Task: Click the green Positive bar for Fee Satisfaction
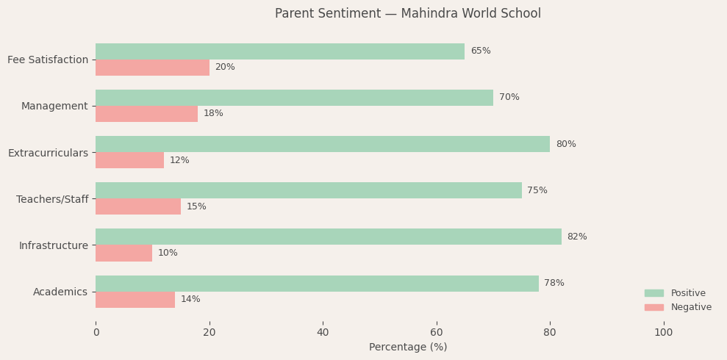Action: [x=280, y=51]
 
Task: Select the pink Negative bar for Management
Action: [x=146, y=114]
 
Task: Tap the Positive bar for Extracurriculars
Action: [x=323, y=144]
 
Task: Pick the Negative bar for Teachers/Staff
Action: [x=138, y=206]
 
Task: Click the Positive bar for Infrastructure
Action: [x=329, y=237]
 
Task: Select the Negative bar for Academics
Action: [x=135, y=300]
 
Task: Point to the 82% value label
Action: [x=577, y=237]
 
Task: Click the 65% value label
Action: [x=481, y=51]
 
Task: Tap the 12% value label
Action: [x=179, y=160]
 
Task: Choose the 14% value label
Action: [x=190, y=300]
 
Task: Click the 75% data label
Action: [x=537, y=190]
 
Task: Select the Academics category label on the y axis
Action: [x=60, y=292]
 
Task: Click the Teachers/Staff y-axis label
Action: [x=52, y=199]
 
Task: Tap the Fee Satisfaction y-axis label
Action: [x=48, y=60]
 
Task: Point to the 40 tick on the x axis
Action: [x=323, y=333]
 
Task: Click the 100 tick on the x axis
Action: [x=663, y=333]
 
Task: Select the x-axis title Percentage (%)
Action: [x=408, y=348]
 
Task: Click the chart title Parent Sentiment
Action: [x=408, y=14]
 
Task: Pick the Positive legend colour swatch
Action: [x=653, y=293]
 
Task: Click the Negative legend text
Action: [x=691, y=307]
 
